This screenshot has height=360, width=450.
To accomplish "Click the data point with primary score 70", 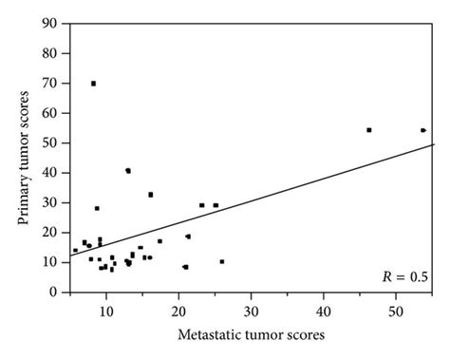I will (x=93, y=84).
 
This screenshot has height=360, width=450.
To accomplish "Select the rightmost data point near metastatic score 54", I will (x=422, y=130).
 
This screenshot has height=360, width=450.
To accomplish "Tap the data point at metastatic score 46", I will (x=368, y=130).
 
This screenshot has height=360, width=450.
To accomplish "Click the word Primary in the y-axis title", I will (x=22, y=204).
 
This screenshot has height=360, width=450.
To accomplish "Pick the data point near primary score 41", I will (x=128, y=171).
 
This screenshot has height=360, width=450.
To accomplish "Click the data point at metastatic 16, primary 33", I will (x=150, y=195).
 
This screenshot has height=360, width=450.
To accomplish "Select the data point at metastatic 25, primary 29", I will (x=216, y=205).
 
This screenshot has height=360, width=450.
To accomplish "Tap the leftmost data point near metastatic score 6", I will (x=75, y=251).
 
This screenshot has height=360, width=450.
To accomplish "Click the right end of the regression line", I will (x=433, y=144).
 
